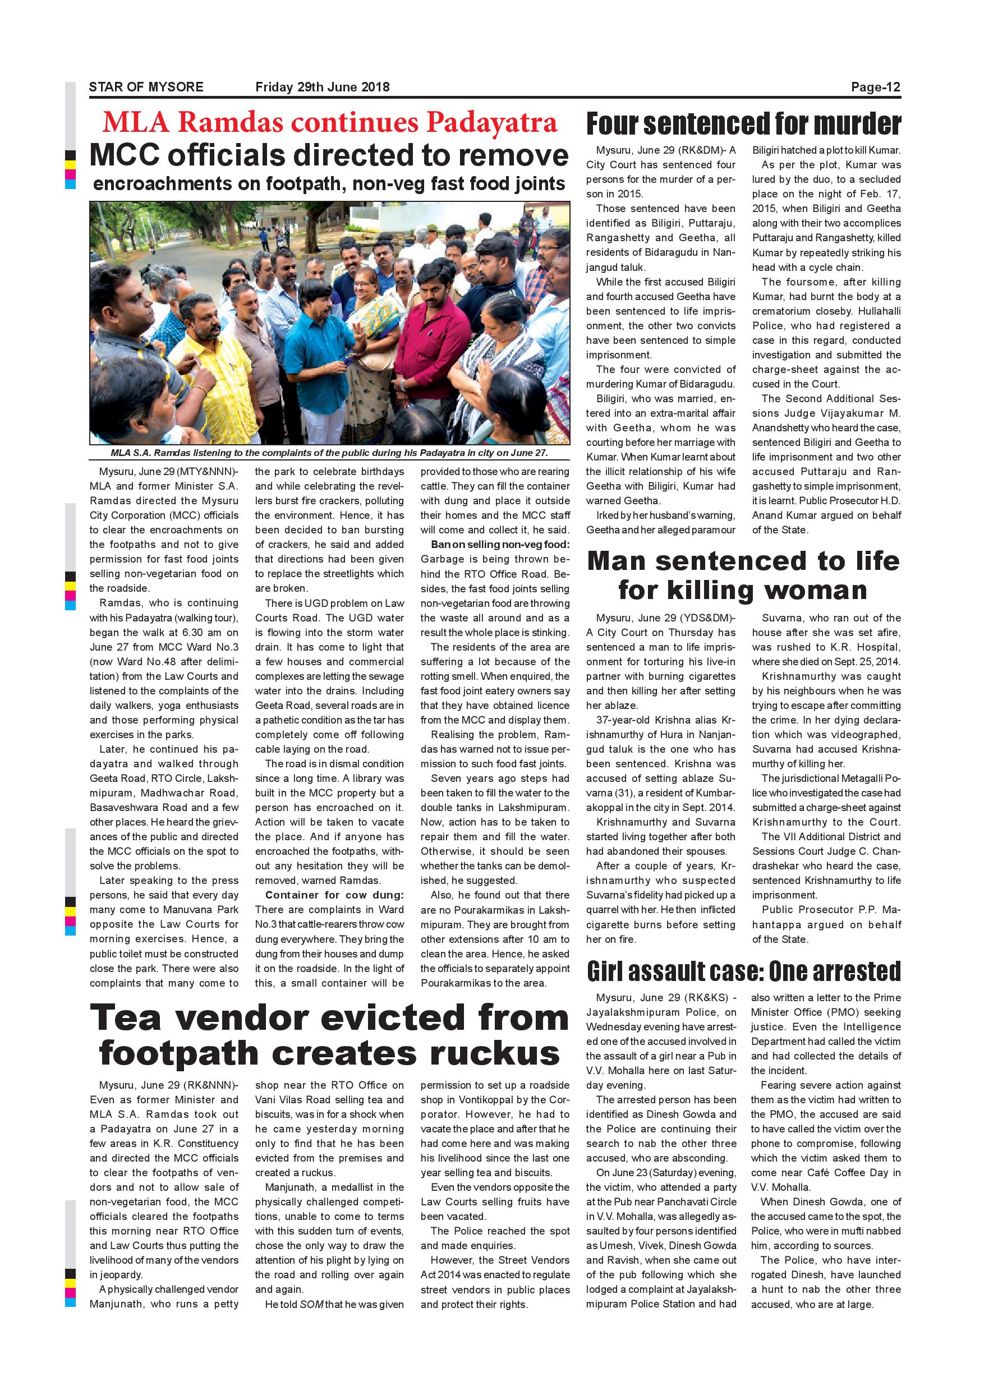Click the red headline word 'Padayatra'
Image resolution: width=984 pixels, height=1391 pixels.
(491, 122)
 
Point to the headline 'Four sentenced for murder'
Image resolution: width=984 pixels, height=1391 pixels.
(743, 123)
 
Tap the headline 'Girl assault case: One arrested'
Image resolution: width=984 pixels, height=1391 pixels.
(743, 971)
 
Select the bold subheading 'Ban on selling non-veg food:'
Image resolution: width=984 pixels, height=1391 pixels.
(500, 544)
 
